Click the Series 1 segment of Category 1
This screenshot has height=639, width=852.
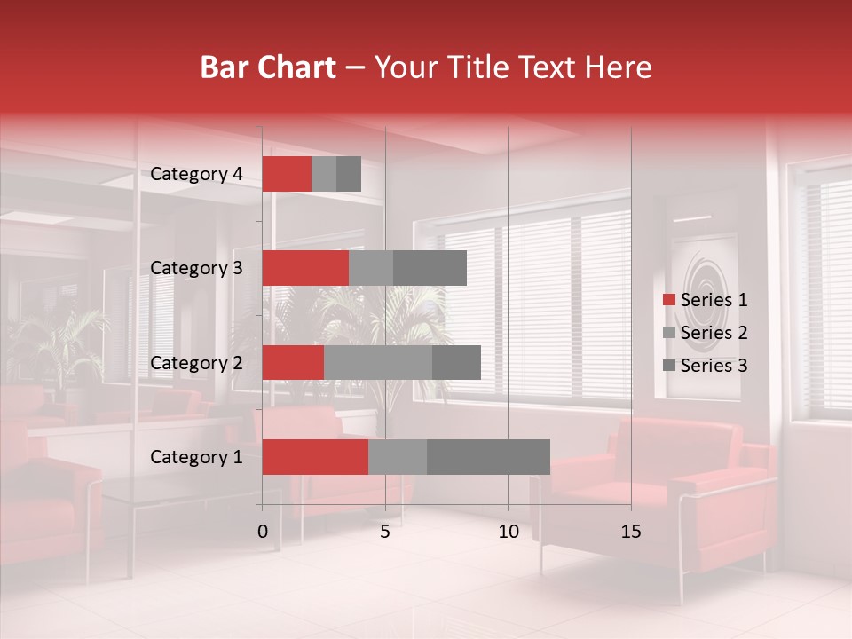pyautogui.click(x=315, y=457)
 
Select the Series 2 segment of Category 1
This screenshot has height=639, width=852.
pyautogui.click(x=398, y=457)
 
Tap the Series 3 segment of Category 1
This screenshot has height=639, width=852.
pyautogui.click(x=488, y=457)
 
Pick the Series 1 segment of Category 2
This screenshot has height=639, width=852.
pyautogui.click(x=293, y=362)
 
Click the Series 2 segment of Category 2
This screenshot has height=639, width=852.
pyautogui.click(x=378, y=362)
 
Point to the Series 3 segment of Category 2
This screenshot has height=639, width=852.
pyautogui.click(x=456, y=362)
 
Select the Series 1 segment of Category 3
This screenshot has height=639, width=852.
pyautogui.click(x=305, y=268)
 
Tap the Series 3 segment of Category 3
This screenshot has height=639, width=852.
pyautogui.click(x=430, y=268)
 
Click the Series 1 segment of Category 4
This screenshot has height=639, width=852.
pyautogui.click(x=287, y=174)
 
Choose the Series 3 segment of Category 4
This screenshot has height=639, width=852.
pyautogui.click(x=349, y=174)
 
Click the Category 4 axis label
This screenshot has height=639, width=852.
pyautogui.click(x=196, y=174)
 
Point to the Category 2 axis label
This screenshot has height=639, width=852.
pyautogui.click(x=196, y=362)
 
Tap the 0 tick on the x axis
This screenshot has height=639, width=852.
pyautogui.click(x=263, y=532)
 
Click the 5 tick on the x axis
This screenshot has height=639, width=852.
pyautogui.click(x=385, y=532)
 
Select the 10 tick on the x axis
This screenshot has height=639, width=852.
pyautogui.click(x=508, y=532)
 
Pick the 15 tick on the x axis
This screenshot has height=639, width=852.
pyautogui.click(x=631, y=532)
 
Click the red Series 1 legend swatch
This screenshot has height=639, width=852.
pyautogui.click(x=668, y=300)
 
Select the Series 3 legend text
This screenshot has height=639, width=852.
pyautogui.click(x=714, y=366)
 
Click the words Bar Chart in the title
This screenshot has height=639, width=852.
pyautogui.click(x=267, y=67)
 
